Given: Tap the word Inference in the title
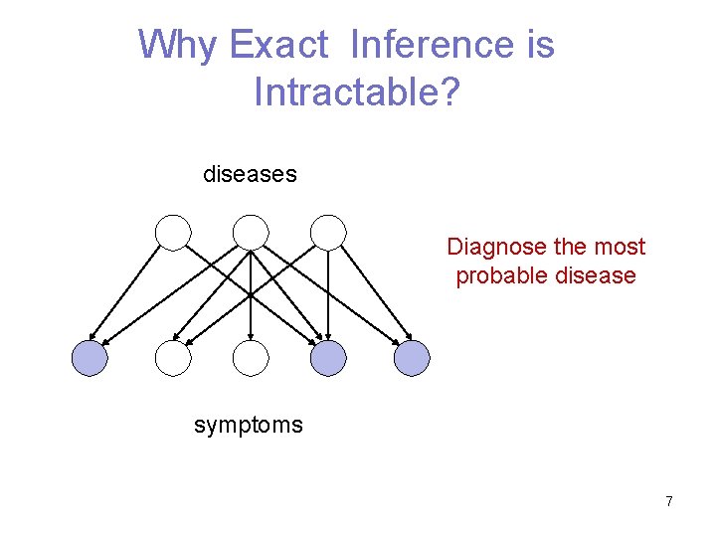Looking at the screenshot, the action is coord(430,45).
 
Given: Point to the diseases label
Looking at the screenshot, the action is coord(250,174).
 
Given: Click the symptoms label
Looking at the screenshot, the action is coord(249,426).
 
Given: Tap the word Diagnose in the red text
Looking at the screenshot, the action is coord(492,247).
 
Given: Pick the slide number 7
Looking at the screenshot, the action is coord(669,501).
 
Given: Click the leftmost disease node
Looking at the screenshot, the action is coord(173,232).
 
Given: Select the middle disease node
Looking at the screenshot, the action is coord(251,232).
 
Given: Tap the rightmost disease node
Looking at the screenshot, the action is coord(328,232).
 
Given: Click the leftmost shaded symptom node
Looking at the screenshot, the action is coord(89,358).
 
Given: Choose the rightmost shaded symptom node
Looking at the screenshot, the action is coord(412,358).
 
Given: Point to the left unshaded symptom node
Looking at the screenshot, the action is coord(173,358).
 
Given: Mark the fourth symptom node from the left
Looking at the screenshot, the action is coord(329,358).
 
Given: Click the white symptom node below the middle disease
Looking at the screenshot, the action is coord(251,358).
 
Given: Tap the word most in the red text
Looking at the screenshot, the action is coord(621,247).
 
